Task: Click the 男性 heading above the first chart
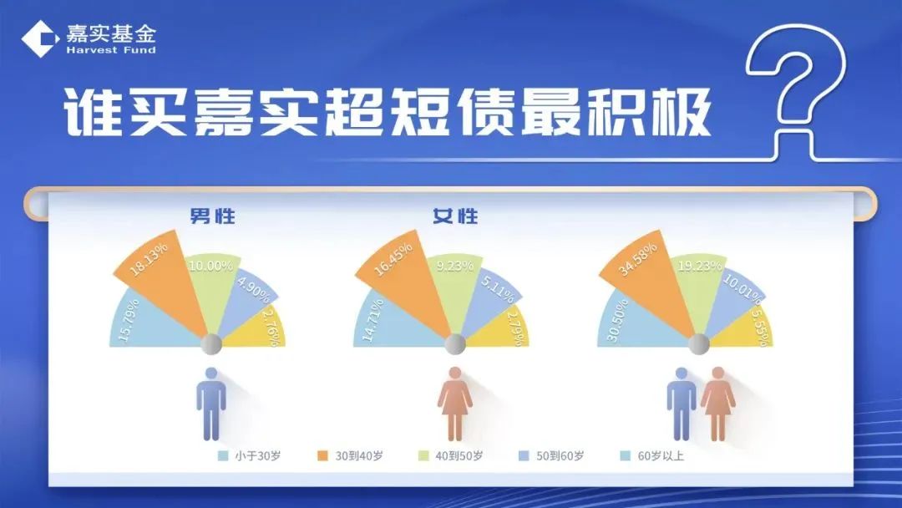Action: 212,216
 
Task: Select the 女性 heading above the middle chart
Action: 456,216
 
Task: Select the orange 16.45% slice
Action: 406,277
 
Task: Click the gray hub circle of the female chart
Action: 455,343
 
